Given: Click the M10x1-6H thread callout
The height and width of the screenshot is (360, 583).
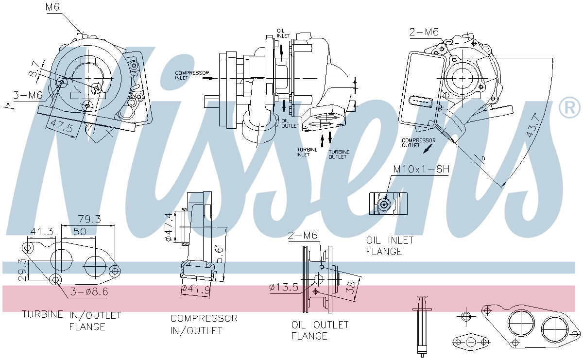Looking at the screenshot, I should point(421,170).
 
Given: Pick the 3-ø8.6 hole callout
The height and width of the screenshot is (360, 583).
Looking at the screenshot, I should point(89,292).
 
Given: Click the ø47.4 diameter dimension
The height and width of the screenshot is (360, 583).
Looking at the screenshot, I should point(169,227).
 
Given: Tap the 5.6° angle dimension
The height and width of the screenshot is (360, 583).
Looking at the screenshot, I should point(219,254).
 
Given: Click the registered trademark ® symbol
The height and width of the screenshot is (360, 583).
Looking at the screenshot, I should point(570,108).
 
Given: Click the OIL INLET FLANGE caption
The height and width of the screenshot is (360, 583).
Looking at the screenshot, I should point(390,246).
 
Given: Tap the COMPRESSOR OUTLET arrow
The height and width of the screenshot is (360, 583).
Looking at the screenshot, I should point(428,149).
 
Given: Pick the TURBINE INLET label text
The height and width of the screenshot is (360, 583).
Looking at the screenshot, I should point(307,152).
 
